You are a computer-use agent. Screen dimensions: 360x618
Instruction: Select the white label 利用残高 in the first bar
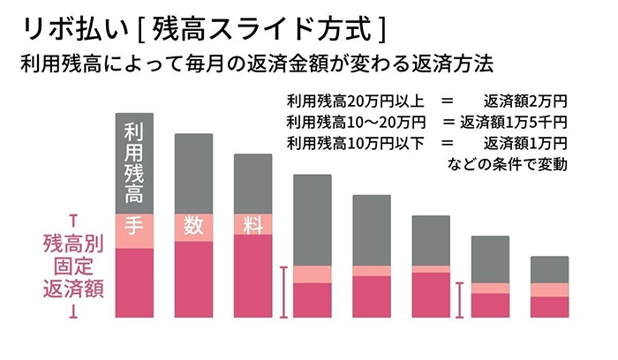coord(134,162)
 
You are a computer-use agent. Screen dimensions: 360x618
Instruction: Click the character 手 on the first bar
coord(134,225)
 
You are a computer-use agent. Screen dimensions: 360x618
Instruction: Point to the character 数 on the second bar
coord(193,225)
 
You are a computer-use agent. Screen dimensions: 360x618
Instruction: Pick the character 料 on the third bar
coord(252,225)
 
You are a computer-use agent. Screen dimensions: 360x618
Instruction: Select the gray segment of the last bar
coord(548,269)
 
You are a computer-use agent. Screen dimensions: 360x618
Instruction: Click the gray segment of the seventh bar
coord(489,259)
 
